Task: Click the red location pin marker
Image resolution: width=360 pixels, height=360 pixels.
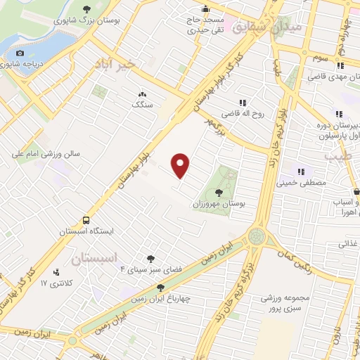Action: [181, 165]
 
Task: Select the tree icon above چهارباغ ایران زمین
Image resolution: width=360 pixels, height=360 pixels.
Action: [160, 287]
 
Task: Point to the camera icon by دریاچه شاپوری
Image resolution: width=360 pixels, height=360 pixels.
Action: [20, 53]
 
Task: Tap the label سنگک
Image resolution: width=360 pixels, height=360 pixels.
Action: [142, 104]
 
